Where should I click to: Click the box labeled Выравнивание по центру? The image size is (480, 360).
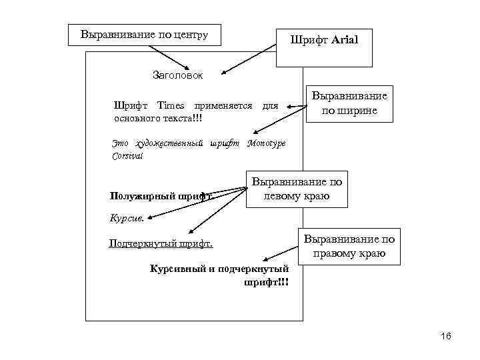[145, 34]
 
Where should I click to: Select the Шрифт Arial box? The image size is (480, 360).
[324, 47]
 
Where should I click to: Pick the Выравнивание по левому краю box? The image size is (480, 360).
[297, 189]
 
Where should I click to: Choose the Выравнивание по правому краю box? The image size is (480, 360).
[349, 247]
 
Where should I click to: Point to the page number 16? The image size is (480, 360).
[446, 336]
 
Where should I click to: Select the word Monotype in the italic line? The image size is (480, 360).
[267, 143]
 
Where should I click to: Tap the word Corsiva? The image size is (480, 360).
[127, 155]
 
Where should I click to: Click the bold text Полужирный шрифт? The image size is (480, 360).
[161, 197]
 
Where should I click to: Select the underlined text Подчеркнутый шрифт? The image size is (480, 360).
[161, 243]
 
